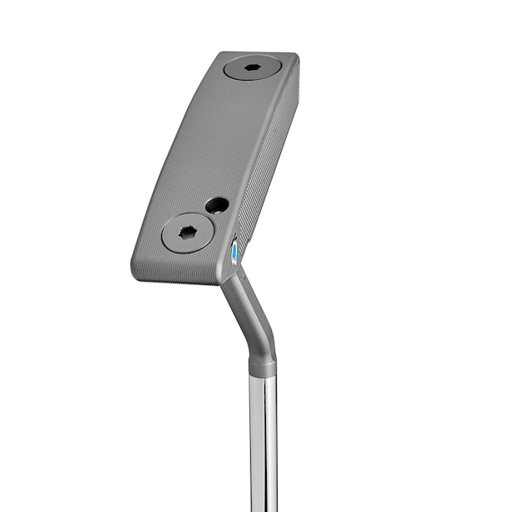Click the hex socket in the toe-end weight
[x=253, y=67]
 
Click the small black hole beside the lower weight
[x=217, y=204]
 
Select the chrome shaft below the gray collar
[x=263, y=441]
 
